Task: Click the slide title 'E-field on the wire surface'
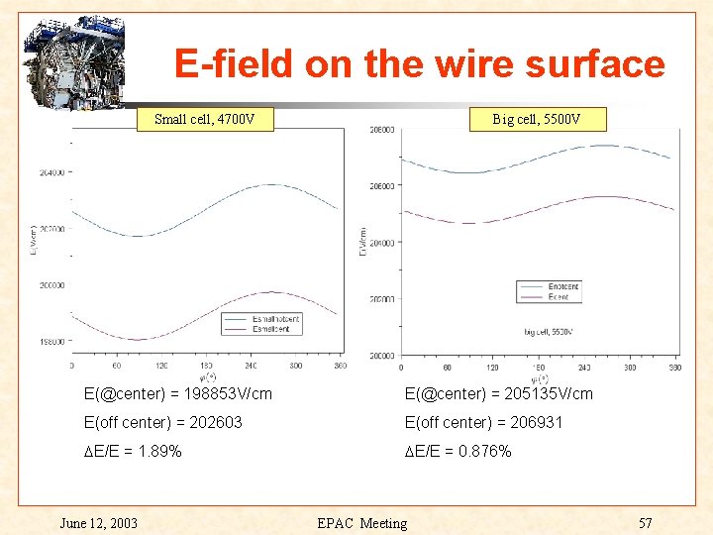(419, 64)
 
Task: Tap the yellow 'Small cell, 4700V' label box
(204, 120)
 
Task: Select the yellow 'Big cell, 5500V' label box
(536, 120)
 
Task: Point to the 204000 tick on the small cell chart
(51, 172)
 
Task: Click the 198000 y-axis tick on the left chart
(51, 342)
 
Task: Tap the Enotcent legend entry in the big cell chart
(561, 286)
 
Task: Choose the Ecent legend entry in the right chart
(558, 296)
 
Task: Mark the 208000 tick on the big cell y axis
(381, 130)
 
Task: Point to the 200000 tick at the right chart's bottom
(381, 355)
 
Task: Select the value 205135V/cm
(544, 394)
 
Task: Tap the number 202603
(212, 423)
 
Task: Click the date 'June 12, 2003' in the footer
(99, 523)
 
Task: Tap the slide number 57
(646, 523)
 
